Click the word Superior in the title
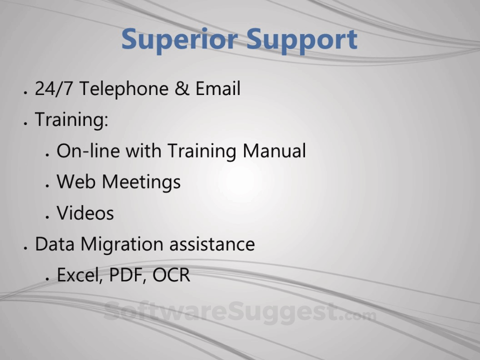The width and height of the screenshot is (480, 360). coord(179,40)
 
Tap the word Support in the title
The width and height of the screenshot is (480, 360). coord(302,40)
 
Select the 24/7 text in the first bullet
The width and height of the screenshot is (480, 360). coord(54,89)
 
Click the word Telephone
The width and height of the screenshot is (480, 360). coord(124,89)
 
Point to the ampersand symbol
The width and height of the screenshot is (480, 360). coord(182,88)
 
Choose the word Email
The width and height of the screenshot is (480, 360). coord(218,88)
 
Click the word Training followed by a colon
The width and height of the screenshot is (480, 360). coord(71,119)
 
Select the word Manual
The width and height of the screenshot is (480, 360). coord(274,150)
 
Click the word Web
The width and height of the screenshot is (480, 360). coord(76,181)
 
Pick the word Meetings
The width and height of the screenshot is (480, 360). coord(141,182)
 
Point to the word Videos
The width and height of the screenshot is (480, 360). coord(85,213)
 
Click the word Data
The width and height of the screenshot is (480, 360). coord(55,244)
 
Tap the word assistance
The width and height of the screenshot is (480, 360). coord(212,244)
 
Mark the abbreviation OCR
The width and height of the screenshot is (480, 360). coord(171,275)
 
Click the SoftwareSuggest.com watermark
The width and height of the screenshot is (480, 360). coord(240,312)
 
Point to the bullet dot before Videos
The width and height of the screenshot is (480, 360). coord(47,217)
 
